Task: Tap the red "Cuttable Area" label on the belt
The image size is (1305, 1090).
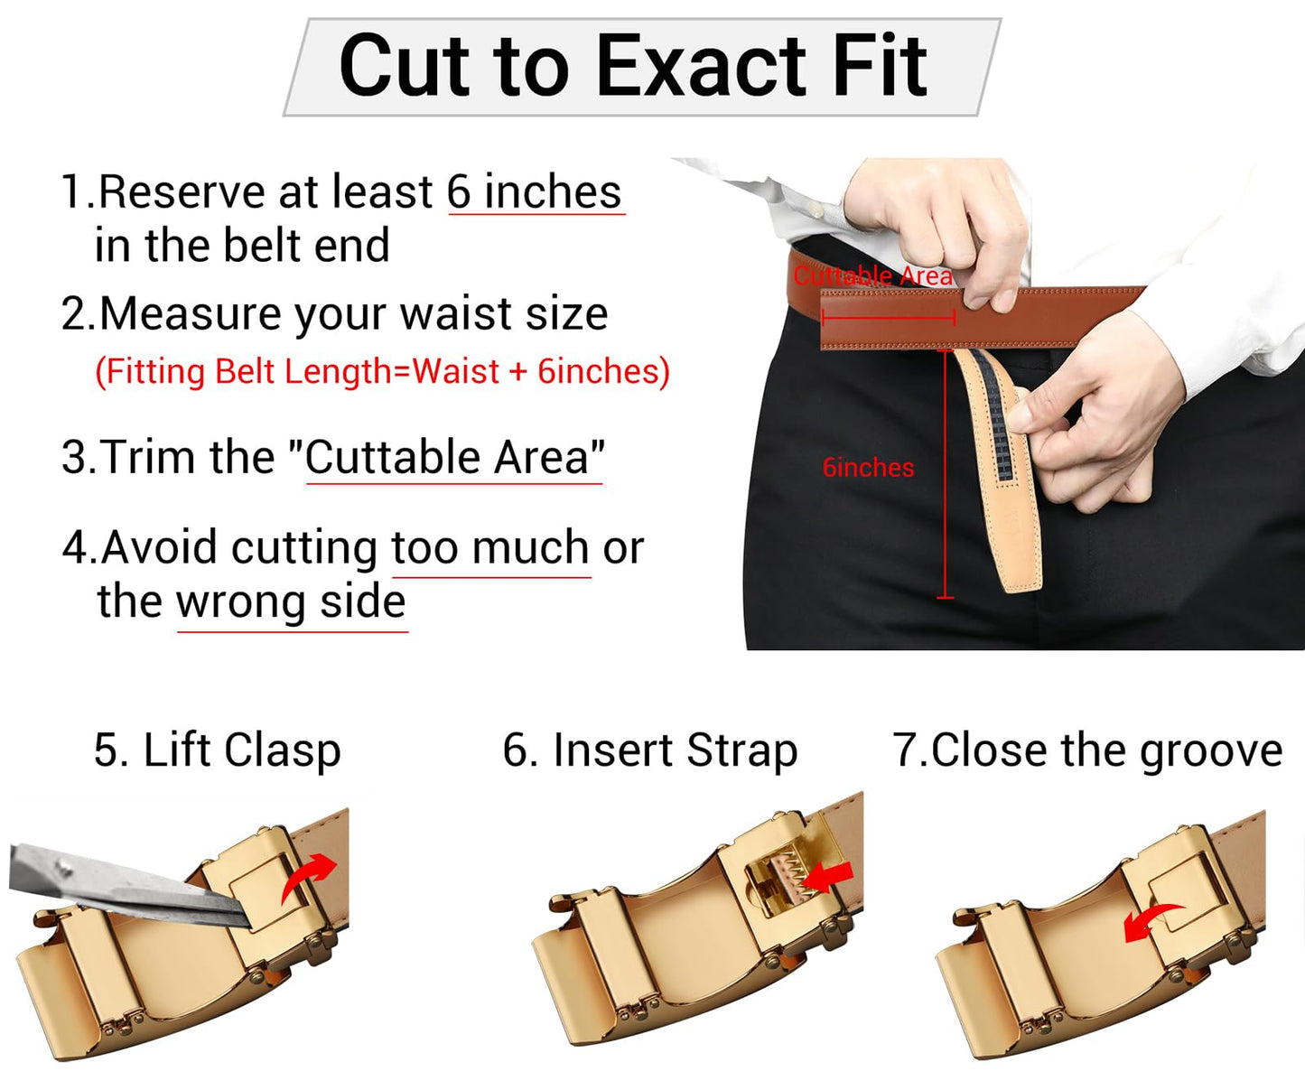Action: click(x=872, y=275)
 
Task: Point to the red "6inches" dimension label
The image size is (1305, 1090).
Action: click(x=868, y=468)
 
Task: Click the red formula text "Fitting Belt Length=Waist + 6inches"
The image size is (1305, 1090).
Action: click(x=383, y=371)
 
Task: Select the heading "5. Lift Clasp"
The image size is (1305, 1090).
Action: click(x=218, y=750)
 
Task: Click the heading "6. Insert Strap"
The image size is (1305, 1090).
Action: click(x=650, y=750)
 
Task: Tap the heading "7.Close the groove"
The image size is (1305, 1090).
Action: click(x=1087, y=750)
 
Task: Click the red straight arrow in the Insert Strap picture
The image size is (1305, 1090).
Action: click(x=828, y=876)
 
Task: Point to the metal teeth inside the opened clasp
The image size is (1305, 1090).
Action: click(x=788, y=874)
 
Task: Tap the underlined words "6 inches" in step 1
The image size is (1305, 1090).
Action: click(x=535, y=192)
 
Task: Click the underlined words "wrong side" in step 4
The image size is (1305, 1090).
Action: click(x=291, y=601)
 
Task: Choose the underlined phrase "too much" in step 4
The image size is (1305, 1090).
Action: click(x=490, y=547)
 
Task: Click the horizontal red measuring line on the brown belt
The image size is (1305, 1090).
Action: click(x=889, y=318)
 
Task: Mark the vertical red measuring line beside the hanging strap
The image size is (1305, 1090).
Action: click(x=945, y=475)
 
